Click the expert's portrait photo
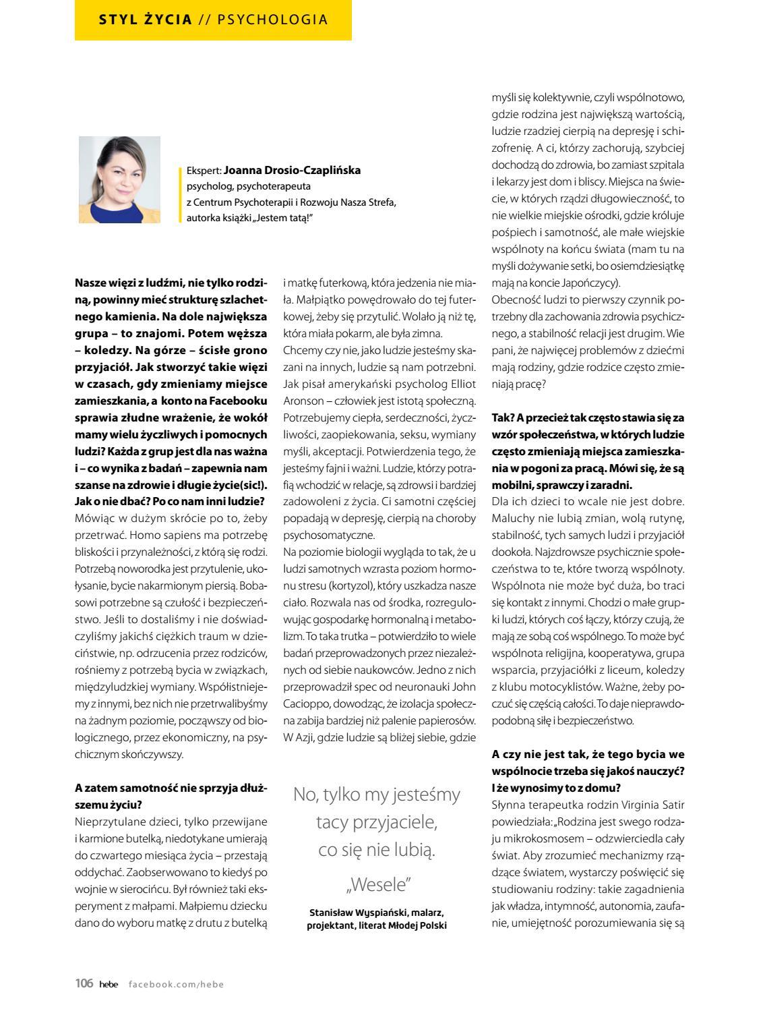click(119, 179)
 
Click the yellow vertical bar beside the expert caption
click(180, 194)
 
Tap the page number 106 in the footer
click(84, 983)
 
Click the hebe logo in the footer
click(108, 984)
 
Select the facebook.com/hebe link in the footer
click(176, 984)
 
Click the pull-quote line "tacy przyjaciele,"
click(376, 822)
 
